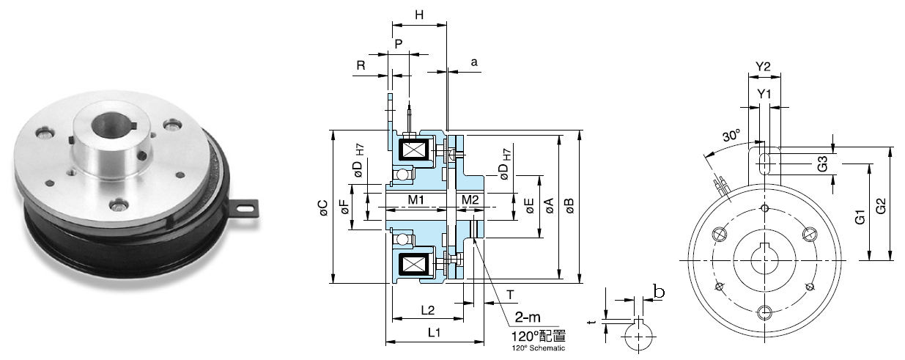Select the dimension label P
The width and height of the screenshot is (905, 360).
click(399, 43)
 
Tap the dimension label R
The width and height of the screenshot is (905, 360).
click(361, 65)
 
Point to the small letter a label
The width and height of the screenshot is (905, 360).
click(474, 63)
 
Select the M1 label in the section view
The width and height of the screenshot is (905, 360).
click(417, 199)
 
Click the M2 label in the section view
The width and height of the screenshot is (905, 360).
click(470, 199)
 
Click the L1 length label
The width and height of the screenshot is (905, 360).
click(433, 332)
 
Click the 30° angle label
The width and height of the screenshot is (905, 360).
click(731, 136)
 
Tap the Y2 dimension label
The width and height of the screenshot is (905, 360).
click(763, 67)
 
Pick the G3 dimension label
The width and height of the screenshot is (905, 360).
click(824, 164)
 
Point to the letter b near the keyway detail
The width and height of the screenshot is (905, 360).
click(659, 292)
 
